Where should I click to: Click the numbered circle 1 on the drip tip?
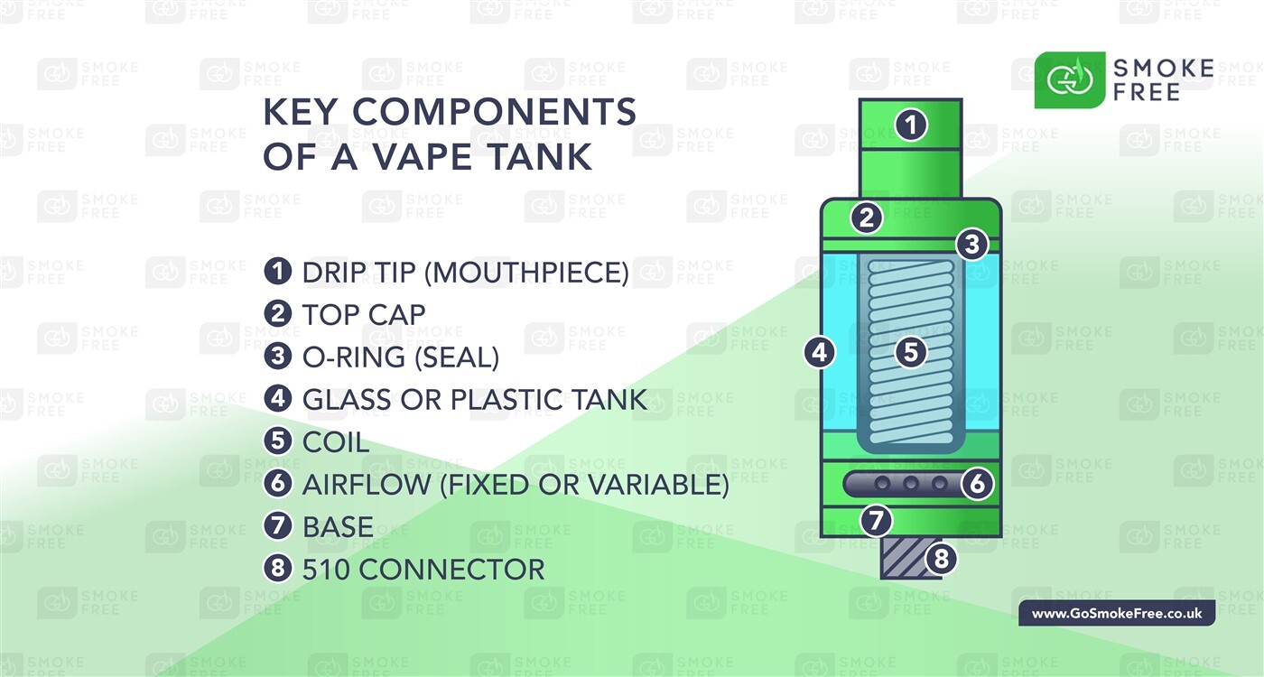(911, 125)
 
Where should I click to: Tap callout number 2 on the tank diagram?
(867, 218)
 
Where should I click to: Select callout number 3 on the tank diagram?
(971, 244)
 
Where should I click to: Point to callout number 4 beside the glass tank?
(819, 352)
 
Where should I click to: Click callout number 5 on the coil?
(911, 352)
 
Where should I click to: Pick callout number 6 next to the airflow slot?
(976, 484)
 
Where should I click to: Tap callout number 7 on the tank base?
(875, 520)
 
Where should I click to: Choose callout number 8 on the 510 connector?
(940, 560)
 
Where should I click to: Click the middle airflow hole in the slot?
(911, 484)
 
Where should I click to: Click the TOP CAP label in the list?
(364, 314)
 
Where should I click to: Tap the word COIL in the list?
(336, 442)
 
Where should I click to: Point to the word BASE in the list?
(338, 526)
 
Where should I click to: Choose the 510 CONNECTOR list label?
(423, 570)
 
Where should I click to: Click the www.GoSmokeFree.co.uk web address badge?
(1117, 614)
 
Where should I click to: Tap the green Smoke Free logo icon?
(1069, 80)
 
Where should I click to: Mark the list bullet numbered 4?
(278, 399)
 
